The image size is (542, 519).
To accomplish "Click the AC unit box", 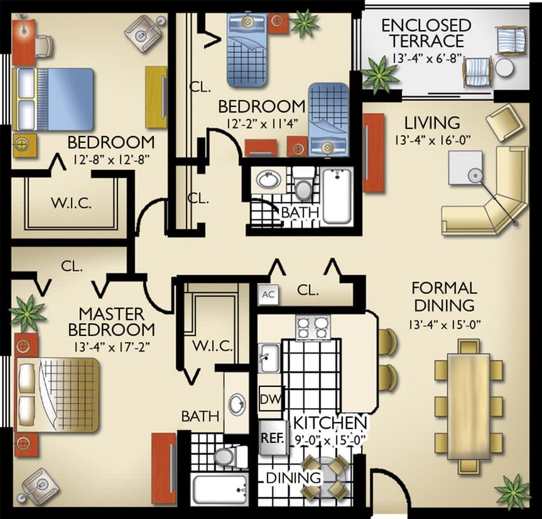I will tap(268, 294).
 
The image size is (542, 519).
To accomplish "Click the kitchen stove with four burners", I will tap(313, 327).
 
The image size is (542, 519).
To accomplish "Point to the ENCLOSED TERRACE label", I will tap(426, 34).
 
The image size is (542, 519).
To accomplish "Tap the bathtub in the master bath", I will tap(219, 489).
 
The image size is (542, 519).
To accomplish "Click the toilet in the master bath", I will tap(224, 455).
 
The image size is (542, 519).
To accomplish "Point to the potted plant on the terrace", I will tap(379, 73).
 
